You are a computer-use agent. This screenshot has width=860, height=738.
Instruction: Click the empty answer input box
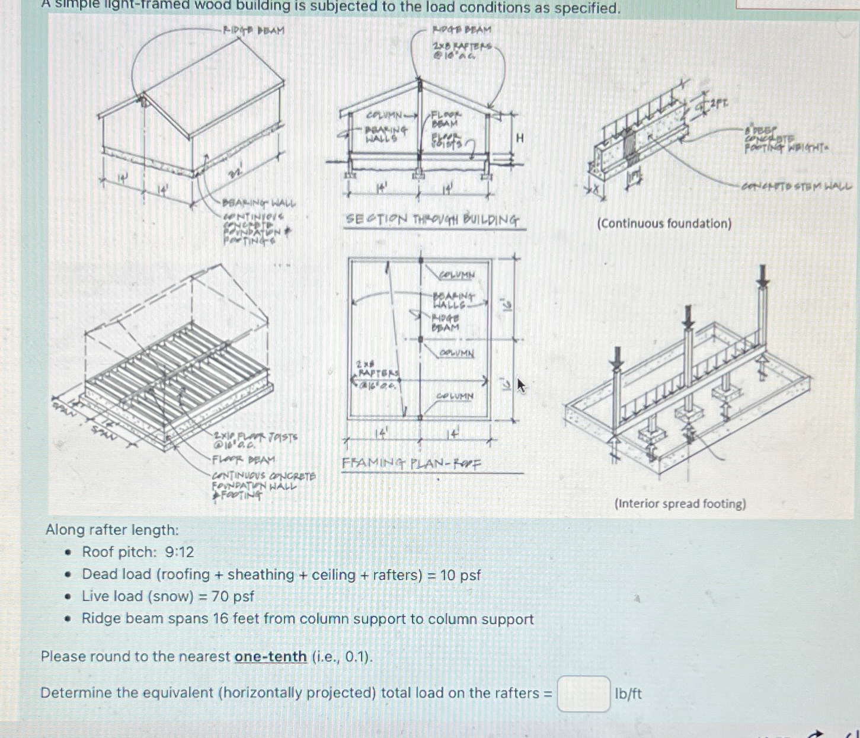point(583,694)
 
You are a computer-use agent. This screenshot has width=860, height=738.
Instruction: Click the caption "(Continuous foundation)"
point(664,223)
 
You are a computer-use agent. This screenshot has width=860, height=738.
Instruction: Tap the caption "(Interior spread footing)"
point(680,504)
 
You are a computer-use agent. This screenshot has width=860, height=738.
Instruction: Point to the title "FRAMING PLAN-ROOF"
point(411,463)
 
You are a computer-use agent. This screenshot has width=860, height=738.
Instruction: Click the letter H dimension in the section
point(520,138)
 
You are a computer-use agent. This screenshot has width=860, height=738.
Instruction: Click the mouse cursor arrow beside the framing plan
point(521,386)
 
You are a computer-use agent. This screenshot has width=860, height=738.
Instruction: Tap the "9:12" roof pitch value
point(180,552)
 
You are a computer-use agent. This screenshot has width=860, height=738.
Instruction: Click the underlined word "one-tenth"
point(270,657)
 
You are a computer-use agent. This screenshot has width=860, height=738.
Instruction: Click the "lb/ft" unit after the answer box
point(628,694)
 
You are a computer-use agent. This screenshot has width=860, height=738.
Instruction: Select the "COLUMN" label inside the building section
point(384,114)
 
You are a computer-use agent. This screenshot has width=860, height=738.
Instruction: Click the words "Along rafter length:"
point(112,530)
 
